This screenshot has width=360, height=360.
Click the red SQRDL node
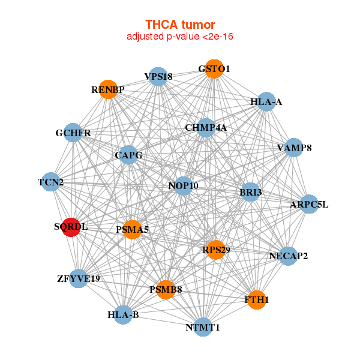click(x=71, y=227)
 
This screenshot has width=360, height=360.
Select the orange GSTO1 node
click(x=214, y=69)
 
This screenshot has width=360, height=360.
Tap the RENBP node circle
click(x=108, y=89)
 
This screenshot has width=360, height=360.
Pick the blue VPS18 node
click(x=158, y=76)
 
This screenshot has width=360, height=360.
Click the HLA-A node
click(x=266, y=102)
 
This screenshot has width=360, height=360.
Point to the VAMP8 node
click(x=293, y=148)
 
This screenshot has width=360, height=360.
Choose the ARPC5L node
click(x=309, y=205)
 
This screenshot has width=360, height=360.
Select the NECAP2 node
click(x=288, y=256)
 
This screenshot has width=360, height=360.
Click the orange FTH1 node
click(x=256, y=299)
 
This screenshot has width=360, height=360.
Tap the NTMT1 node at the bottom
click(x=203, y=327)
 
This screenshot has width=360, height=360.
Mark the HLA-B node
click(x=123, y=314)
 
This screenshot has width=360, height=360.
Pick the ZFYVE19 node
click(x=79, y=278)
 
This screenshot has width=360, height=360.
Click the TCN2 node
click(x=51, y=182)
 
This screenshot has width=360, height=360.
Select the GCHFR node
click(x=73, y=133)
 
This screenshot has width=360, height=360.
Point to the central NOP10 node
click(x=183, y=186)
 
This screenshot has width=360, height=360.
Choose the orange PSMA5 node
click(x=132, y=229)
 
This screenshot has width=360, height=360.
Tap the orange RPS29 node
click(x=215, y=249)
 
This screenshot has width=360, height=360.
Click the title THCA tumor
click(x=180, y=25)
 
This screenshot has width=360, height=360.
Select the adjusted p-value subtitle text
click(x=180, y=37)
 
